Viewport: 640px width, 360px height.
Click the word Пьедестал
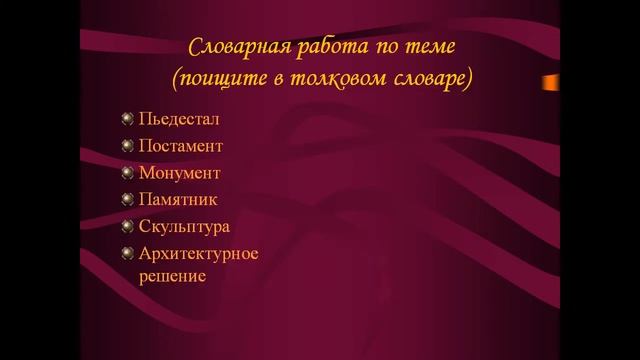pyautogui.click(x=179, y=119)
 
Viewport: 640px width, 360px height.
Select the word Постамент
pyautogui.click(x=181, y=146)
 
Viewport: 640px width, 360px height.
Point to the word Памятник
pyautogui.click(x=178, y=199)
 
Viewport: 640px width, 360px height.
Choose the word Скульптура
pyautogui.click(x=185, y=226)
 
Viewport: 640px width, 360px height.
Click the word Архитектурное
pyautogui.click(x=199, y=253)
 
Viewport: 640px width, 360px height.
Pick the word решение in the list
pyautogui.click(x=172, y=275)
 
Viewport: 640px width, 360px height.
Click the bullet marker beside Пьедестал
pyautogui.click(x=127, y=119)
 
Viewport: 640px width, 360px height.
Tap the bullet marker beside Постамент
pyautogui.click(x=127, y=146)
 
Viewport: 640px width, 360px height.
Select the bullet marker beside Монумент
pyautogui.click(x=127, y=172)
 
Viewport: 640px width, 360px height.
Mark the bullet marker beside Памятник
pyautogui.click(x=127, y=199)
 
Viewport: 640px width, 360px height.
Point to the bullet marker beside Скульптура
pyautogui.click(x=127, y=226)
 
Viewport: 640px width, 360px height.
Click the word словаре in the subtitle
pyautogui.click(x=432, y=76)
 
